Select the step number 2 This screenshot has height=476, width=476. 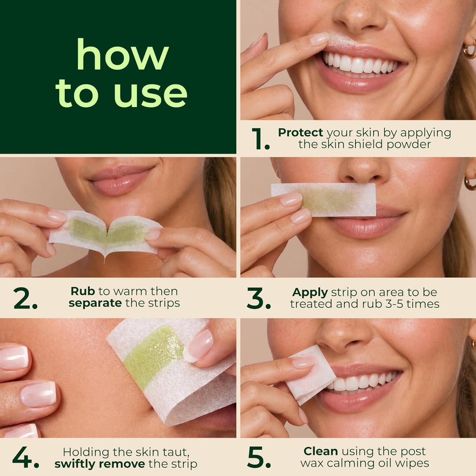coord(25,298)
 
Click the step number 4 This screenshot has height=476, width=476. coord(26,458)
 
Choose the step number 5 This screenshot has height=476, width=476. coord(259,458)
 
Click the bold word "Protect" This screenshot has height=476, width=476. coord(301,132)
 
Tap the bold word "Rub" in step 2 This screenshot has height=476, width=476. coord(83,291)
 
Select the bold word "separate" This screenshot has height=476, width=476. coord(95,303)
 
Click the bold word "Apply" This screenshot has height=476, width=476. coord(310,292)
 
